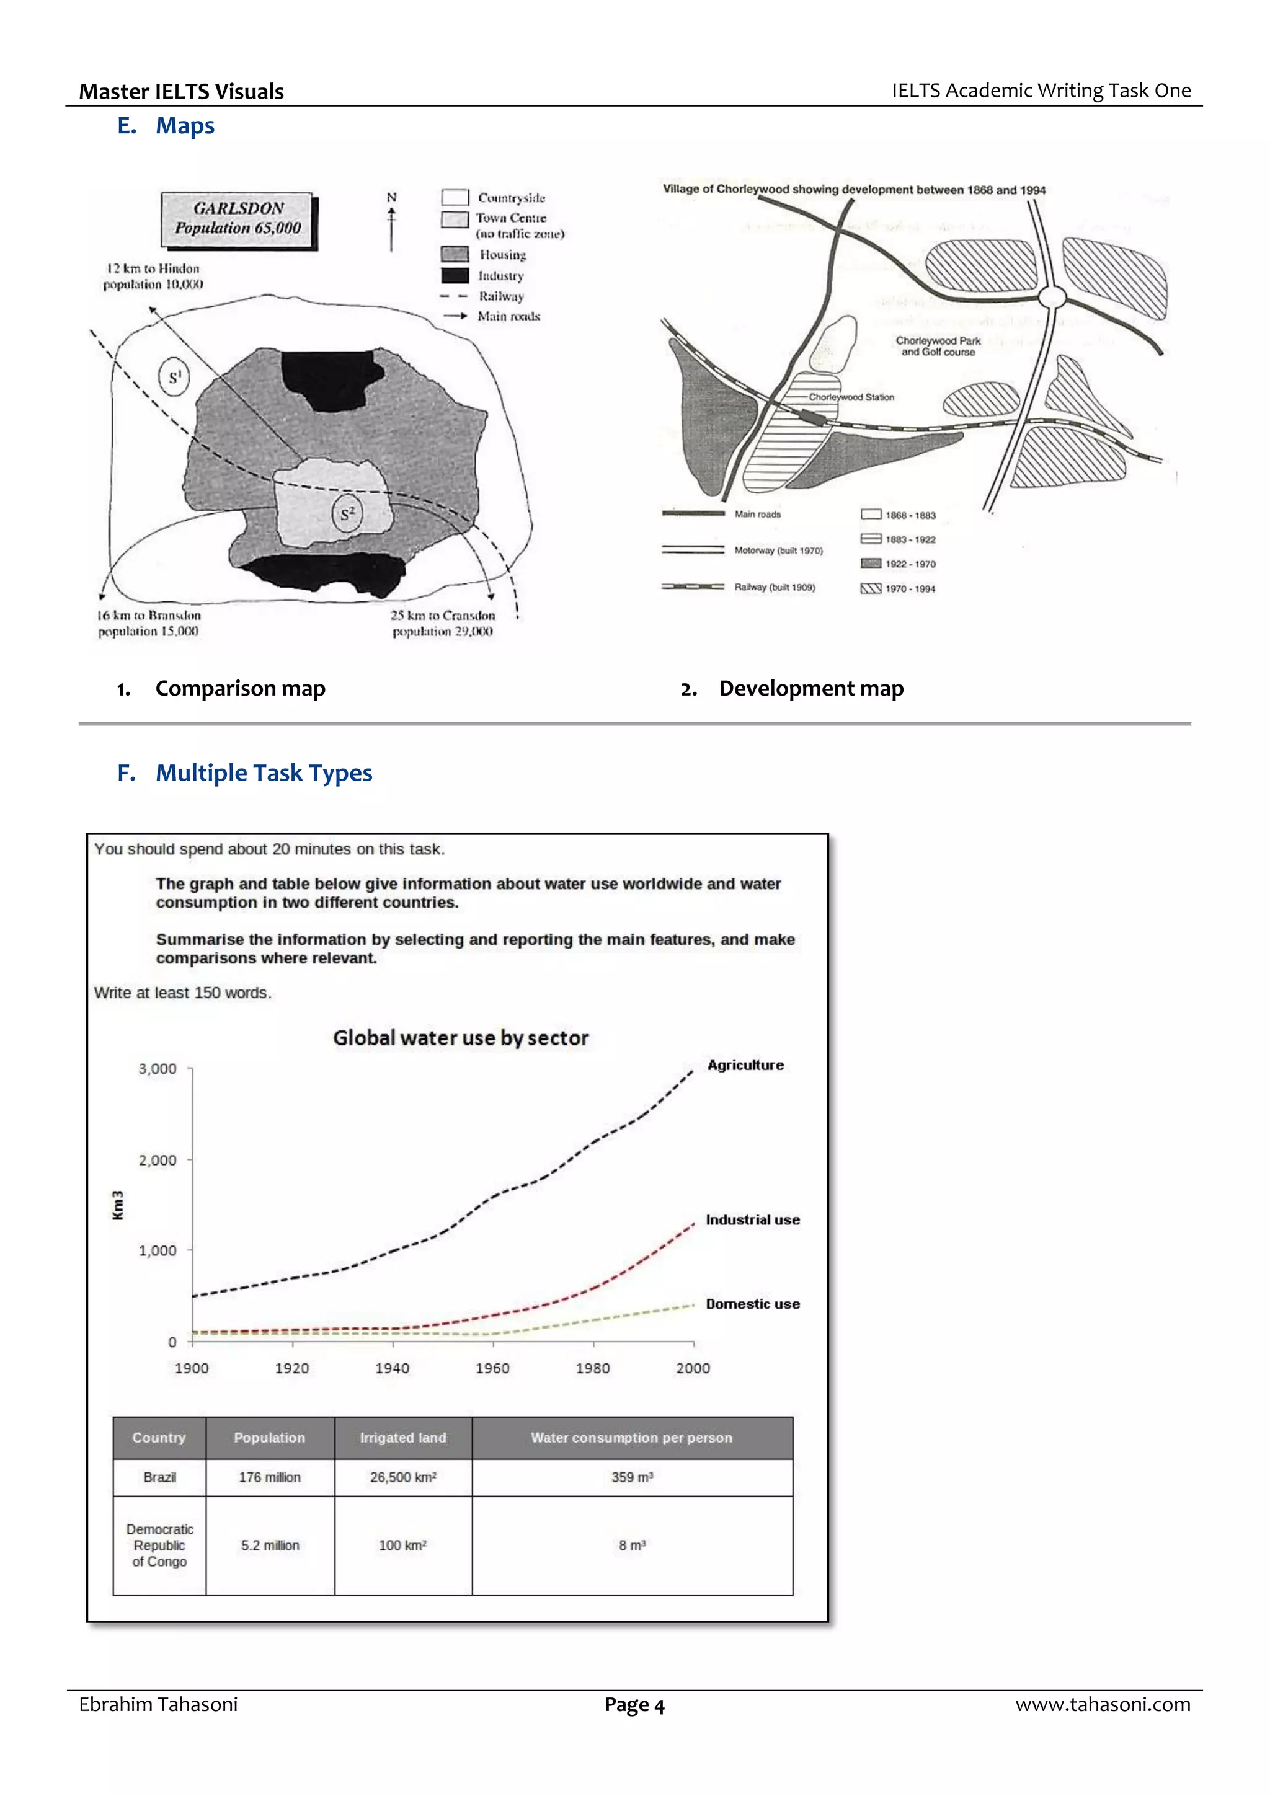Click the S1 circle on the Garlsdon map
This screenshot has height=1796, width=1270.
174,377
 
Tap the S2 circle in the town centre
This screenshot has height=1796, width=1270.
347,514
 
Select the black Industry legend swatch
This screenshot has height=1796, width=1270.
455,275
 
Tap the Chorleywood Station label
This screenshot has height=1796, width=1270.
851,397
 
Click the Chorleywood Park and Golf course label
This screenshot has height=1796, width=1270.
938,347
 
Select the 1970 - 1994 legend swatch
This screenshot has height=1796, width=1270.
870,588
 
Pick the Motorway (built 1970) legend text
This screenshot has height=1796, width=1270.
778,551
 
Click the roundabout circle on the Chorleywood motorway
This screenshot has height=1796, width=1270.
1052,296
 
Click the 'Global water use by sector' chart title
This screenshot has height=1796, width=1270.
460,1038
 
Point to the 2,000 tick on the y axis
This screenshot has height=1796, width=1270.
158,1160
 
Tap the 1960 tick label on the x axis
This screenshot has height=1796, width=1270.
492,1368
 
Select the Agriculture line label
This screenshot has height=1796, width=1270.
745,1066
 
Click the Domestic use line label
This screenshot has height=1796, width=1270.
752,1304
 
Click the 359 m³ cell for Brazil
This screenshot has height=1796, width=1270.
631,1477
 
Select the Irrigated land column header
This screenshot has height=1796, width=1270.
402,1438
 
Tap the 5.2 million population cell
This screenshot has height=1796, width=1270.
270,1545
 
